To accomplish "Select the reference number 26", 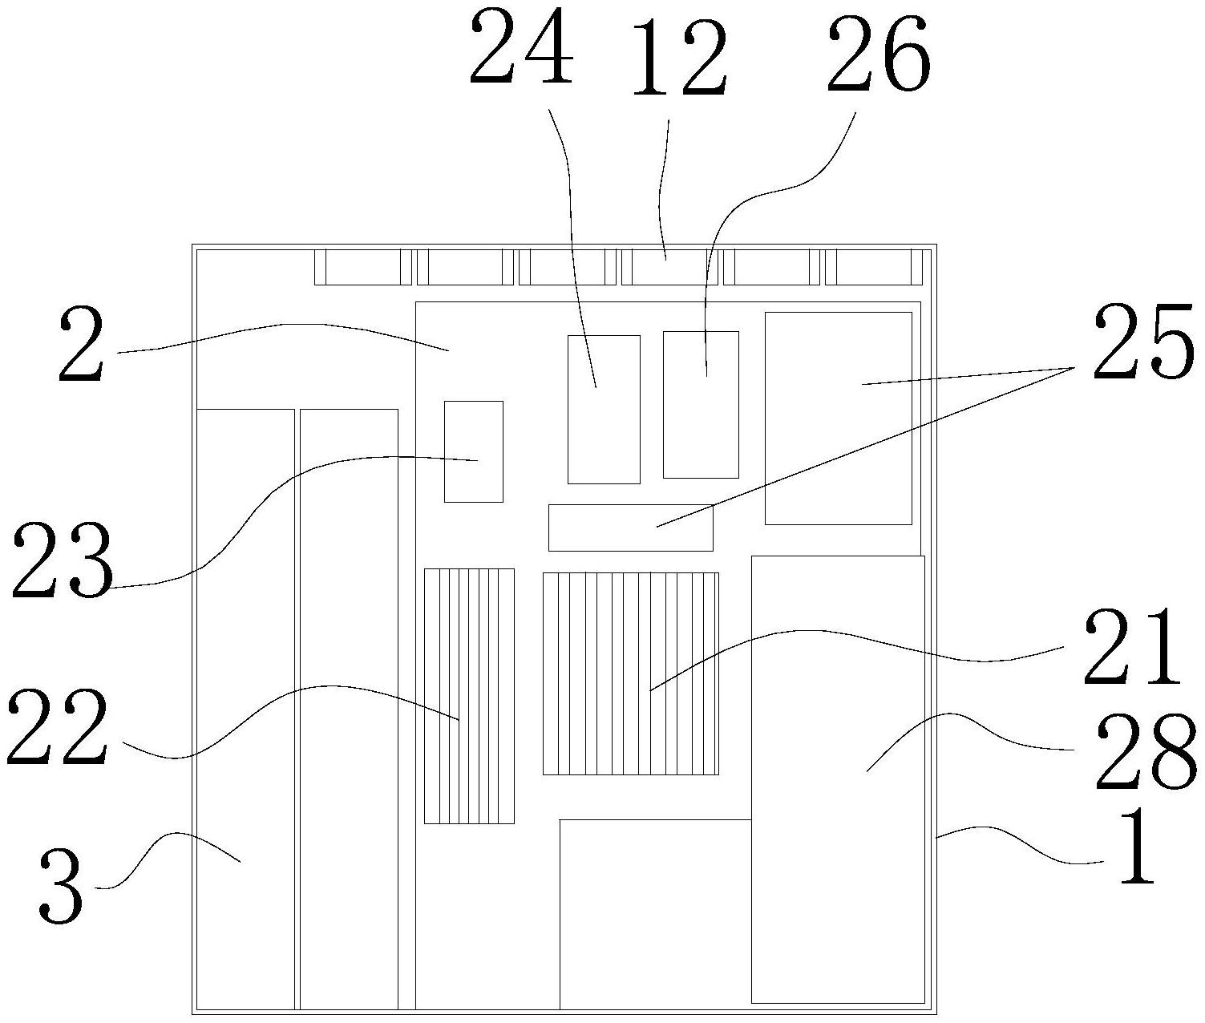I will click(x=879, y=53).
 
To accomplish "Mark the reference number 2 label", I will click(x=82, y=346).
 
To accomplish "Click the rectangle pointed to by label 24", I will click(x=604, y=409).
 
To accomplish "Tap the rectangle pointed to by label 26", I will click(x=701, y=404).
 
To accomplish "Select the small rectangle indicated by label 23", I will click(x=474, y=451).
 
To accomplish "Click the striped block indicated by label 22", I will click(x=469, y=696).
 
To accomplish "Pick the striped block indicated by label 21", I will click(x=630, y=673).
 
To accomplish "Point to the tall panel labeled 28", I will click(x=838, y=778).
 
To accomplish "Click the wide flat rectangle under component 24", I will click(x=630, y=528).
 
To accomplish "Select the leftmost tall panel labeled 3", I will click(x=245, y=709).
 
